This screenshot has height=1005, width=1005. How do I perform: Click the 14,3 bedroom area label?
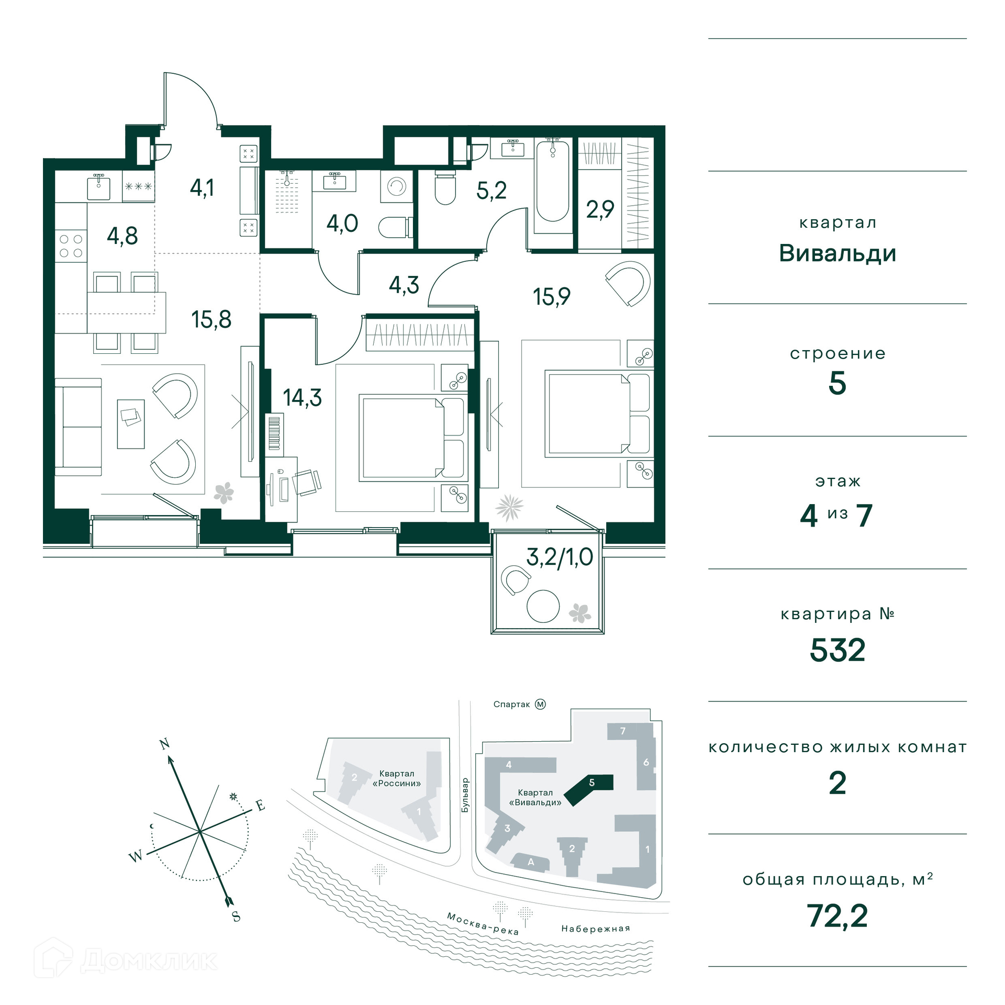[302, 398]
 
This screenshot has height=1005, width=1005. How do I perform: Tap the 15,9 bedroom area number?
[551, 297]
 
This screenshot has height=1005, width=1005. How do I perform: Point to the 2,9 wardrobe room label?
[600, 209]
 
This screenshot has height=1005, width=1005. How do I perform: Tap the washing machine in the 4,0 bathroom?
[396, 186]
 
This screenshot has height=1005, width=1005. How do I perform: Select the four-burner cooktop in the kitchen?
[71, 246]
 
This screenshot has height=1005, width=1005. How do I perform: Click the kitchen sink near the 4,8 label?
[98, 187]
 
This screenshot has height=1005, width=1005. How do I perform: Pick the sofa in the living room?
[78, 427]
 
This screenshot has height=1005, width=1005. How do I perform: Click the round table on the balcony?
[543, 606]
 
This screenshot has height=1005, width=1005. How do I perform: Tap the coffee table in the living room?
[131, 424]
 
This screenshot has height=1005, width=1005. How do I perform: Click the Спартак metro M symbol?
[540, 704]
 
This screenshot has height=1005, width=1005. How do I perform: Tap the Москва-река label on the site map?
[483, 923]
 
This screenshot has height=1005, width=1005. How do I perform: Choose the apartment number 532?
[837, 650]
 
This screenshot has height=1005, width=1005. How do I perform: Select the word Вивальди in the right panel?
[837, 253]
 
